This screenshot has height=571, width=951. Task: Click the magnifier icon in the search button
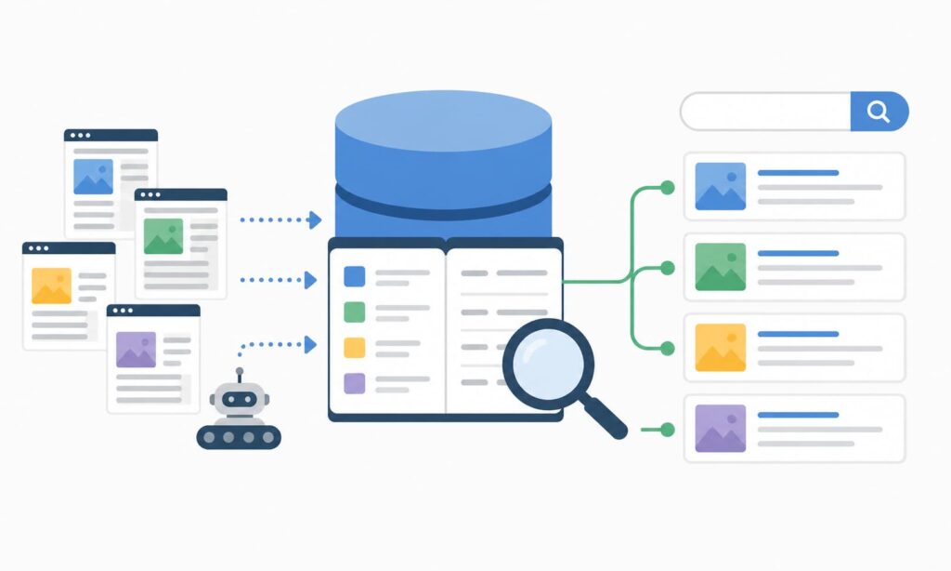879,112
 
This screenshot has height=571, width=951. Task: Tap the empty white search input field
765,112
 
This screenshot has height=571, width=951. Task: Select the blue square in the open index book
355,276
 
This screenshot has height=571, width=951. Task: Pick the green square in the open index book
355,312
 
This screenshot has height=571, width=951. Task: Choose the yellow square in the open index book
355,347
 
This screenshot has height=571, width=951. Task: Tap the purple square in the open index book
355,382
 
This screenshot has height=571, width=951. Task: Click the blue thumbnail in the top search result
720,186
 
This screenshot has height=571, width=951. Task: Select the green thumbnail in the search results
720,267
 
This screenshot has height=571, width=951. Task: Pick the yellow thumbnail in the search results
720,347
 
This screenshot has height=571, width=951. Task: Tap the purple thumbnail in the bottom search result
720,428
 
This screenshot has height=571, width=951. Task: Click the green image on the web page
163,236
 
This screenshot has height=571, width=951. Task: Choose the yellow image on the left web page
51,285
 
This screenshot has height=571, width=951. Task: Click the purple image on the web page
136,350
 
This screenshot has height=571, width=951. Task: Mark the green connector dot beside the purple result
667,429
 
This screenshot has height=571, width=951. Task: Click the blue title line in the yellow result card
798,334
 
